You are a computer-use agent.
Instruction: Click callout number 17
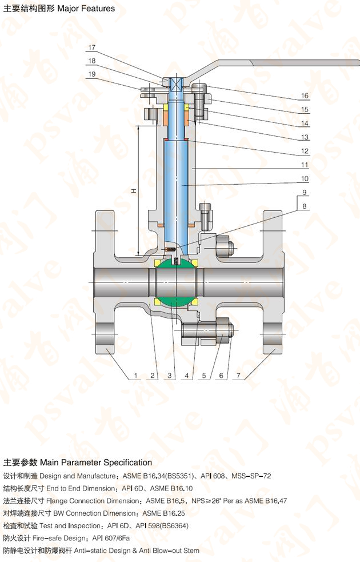[x=92, y=47]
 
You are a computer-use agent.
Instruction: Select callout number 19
[x=92, y=74]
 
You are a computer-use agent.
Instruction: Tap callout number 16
[x=305, y=95]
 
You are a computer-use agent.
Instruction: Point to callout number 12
[x=305, y=151]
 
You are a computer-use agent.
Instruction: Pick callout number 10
[x=305, y=178]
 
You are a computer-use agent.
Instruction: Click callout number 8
[x=305, y=206]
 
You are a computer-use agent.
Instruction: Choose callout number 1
[x=136, y=376]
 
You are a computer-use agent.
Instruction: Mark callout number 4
[x=187, y=376]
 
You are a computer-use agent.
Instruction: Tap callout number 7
[x=238, y=376]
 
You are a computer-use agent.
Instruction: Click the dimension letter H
[x=134, y=191]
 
